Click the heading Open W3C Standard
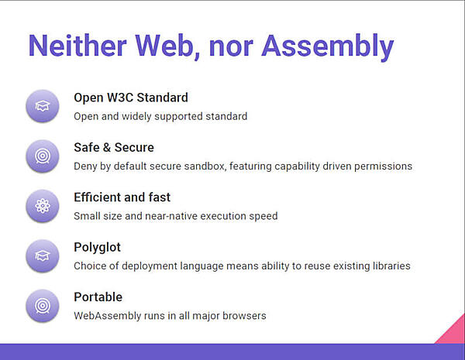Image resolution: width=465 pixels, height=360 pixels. [x=131, y=98]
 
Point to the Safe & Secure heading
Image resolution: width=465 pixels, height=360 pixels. [x=114, y=147]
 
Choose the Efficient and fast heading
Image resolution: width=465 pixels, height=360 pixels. [x=122, y=197]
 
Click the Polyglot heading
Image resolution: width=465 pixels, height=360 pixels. [x=97, y=247]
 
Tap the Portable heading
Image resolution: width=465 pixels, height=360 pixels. [x=98, y=297]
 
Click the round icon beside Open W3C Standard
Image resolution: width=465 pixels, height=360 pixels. [x=42, y=106]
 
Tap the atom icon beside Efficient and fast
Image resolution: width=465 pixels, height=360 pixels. [x=42, y=206]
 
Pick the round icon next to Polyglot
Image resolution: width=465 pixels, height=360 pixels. [x=42, y=255]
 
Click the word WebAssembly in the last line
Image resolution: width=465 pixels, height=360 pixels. [x=107, y=316]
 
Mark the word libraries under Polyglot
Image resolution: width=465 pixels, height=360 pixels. [x=389, y=266]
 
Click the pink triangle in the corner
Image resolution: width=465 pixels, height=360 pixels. [x=454, y=331]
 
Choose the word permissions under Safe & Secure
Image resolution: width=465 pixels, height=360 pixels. [x=383, y=166]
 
